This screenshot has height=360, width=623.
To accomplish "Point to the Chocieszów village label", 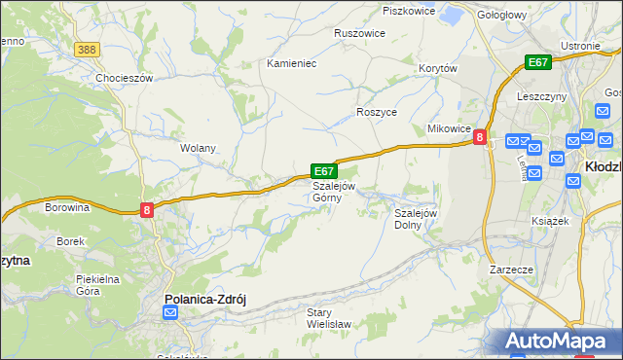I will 125,78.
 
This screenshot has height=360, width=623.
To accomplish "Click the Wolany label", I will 198,149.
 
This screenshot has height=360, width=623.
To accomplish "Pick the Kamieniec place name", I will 293,63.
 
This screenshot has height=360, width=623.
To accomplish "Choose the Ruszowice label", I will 359,33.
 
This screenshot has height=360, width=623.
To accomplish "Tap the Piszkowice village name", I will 408,11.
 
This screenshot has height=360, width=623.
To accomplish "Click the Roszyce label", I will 377,112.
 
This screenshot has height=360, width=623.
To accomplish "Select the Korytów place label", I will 437,68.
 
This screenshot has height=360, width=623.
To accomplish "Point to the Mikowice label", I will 450,129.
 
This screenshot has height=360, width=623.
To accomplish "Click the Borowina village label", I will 67,207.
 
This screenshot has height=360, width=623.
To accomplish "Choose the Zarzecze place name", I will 511,269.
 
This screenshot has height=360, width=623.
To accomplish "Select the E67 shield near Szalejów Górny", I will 324,170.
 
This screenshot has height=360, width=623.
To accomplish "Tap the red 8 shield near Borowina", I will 146,209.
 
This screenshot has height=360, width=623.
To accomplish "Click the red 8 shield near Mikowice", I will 480,138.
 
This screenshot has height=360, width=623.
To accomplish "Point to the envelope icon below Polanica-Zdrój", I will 170,312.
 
